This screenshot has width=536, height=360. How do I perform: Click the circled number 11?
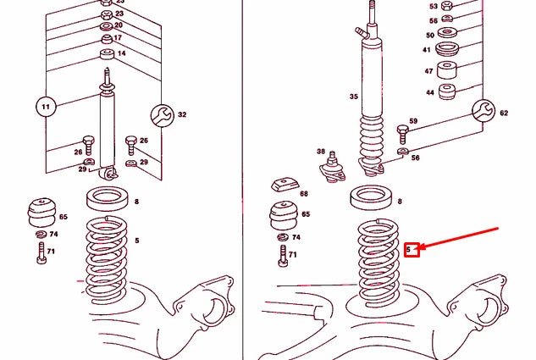pos(45,108)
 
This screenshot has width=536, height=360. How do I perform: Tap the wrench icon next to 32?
pos(162,114)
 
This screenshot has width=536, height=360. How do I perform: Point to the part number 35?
pos(353,97)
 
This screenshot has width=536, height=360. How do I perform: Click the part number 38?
pos(321,152)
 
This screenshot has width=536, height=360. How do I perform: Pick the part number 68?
pos(304,192)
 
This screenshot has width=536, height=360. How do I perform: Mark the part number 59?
pos(413,121)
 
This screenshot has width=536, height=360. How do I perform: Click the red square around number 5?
pos(412,250)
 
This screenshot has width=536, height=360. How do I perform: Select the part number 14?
pos(121,53)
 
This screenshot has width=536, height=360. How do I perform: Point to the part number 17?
pos(118,38)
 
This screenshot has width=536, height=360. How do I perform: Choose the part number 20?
pos(119,25)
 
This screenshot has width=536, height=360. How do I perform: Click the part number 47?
pos(428,72)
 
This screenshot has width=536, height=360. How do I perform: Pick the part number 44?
pos(429,91)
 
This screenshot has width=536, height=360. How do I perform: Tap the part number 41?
pos(428,50)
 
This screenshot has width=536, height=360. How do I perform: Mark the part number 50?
pos(429,35)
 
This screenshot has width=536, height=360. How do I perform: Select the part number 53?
pos(434,6)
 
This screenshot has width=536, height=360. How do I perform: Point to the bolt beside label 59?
pos(401,133)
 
